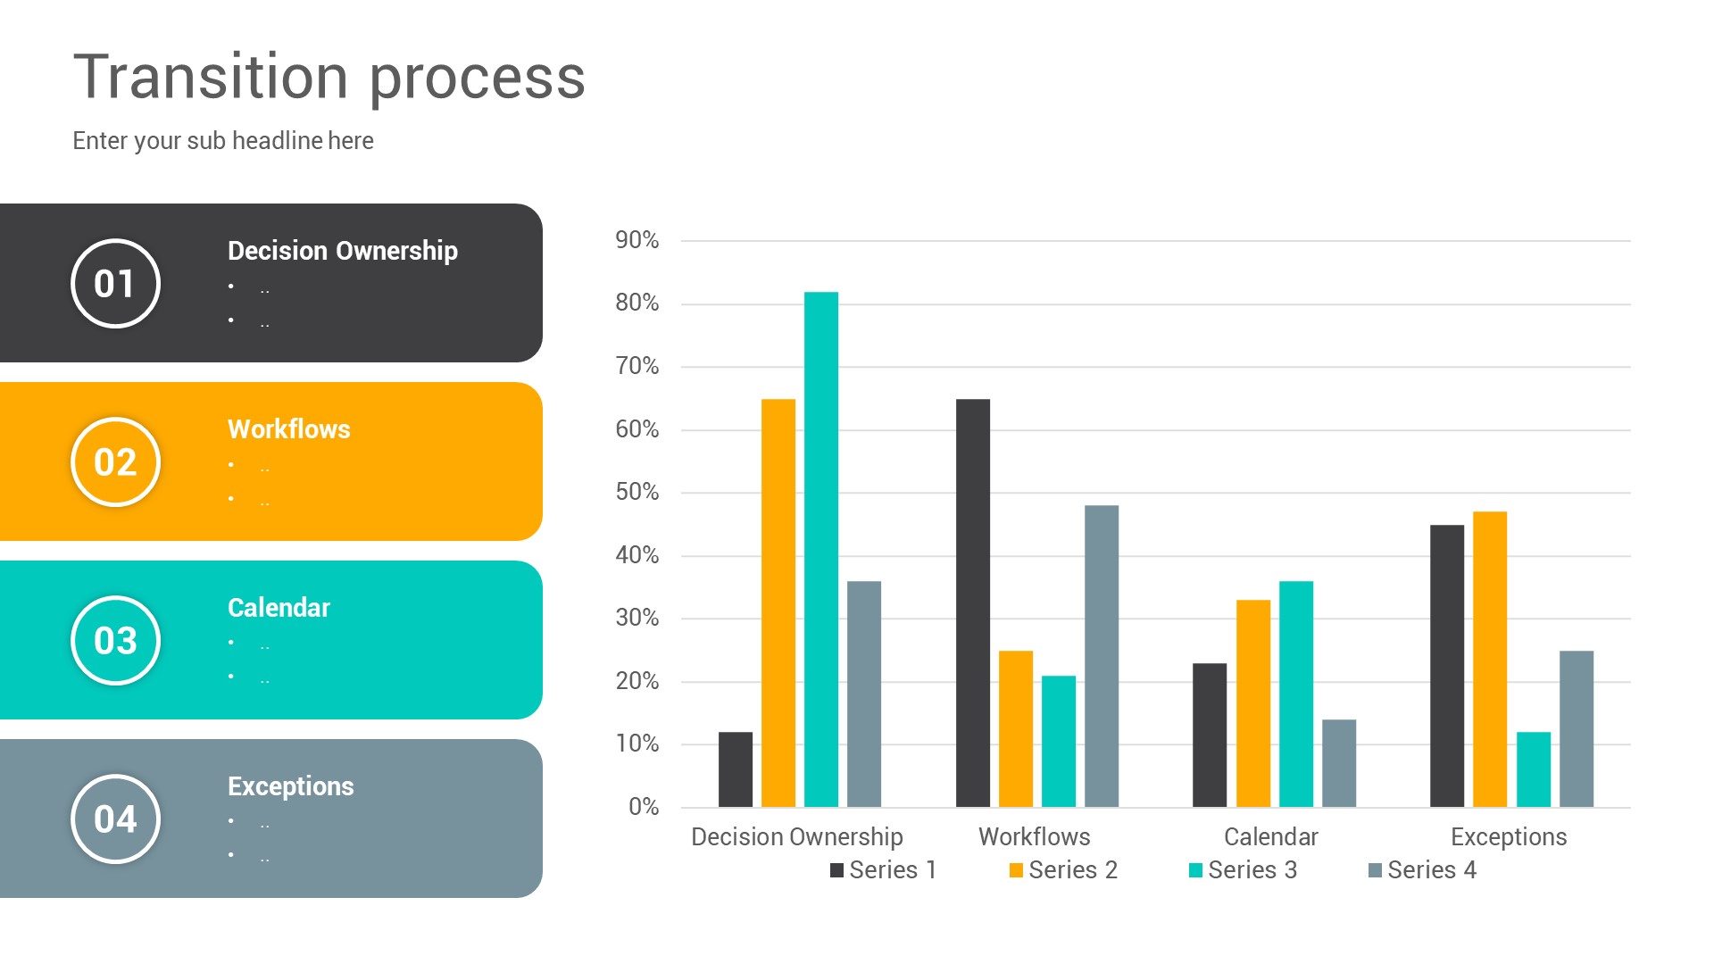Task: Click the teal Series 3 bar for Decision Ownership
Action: (x=820, y=549)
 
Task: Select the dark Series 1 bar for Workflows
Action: (x=972, y=602)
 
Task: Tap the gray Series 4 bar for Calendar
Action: (x=1338, y=763)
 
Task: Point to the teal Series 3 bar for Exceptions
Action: (x=1533, y=769)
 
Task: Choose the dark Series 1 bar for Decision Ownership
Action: (x=735, y=769)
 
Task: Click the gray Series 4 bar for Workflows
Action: (x=1101, y=656)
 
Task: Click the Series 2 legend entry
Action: (x=1063, y=870)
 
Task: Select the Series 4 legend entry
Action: (x=1422, y=870)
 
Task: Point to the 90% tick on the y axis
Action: (x=637, y=240)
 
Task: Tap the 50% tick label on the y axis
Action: (x=637, y=492)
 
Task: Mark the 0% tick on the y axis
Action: (x=643, y=807)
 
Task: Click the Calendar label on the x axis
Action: (x=1270, y=837)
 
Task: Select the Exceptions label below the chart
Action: (x=1508, y=837)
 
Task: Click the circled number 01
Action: (x=115, y=284)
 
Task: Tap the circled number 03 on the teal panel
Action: (x=115, y=641)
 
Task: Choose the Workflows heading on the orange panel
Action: (x=288, y=429)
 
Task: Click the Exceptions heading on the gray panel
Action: (x=290, y=786)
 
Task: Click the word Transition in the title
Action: (x=211, y=77)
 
